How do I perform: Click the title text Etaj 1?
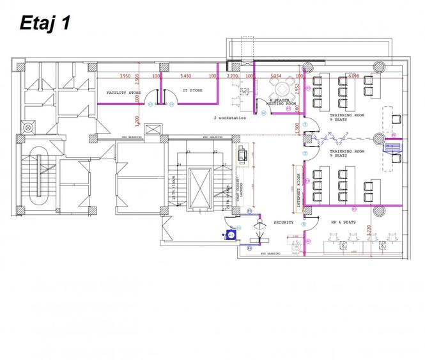point(45,24)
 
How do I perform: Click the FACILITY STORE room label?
point(123,93)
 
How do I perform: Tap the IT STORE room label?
point(192,91)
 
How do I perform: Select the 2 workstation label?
point(230,118)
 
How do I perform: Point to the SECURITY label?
point(283,222)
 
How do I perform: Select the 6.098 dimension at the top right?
point(353,76)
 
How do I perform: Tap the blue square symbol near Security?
point(231,235)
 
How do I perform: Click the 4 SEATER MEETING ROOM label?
point(281,102)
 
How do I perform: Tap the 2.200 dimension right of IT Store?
point(233,75)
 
